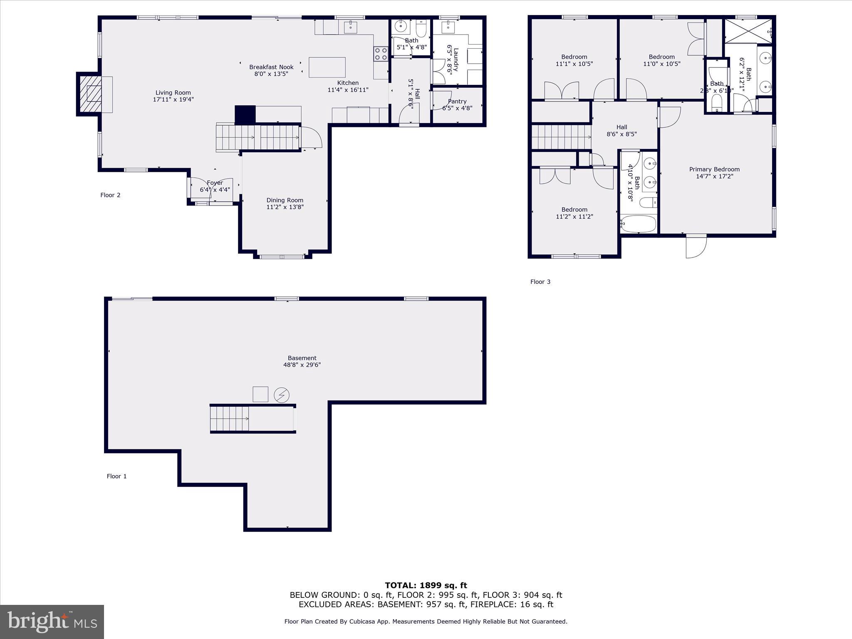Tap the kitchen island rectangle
(x=327, y=67)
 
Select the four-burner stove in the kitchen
(x=380, y=54)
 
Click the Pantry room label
(x=457, y=101)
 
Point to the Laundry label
(x=456, y=60)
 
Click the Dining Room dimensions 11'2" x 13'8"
(x=285, y=207)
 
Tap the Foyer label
(x=215, y=183)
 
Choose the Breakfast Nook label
(x=271, y=67)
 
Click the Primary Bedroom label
(x=714, y=169)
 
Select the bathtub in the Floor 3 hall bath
(x=639, y=224)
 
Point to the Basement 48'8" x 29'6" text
(x=302, y=362)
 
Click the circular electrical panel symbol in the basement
(x=282, y=395)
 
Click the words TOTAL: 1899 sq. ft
(x=426, y=585)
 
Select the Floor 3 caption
(x=540, y=282)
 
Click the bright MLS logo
(x=52, y=622)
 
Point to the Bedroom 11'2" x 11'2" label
(x=574, y=213)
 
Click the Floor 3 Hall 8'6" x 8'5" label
(x=622, y=131)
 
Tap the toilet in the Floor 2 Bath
(x=421, y=29)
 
